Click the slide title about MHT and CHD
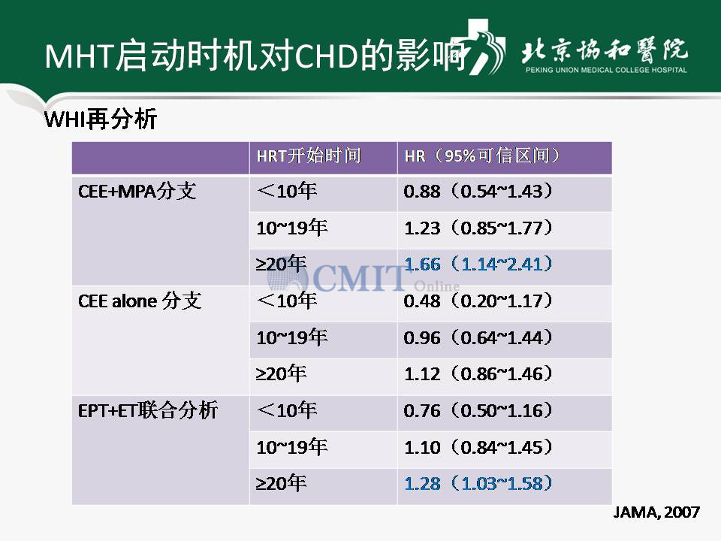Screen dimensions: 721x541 click(x=255, y=55)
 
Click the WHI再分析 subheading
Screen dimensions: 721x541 click(x=101, y=119)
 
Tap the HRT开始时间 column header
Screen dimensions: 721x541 click(x=309, y=156)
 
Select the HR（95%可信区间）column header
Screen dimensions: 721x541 click(x=482, y=156)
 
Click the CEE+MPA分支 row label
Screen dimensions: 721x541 click(x=137, y=191)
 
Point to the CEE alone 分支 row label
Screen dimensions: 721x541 click(x=140, y=301)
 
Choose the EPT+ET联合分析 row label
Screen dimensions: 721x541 click(x=148, y=410)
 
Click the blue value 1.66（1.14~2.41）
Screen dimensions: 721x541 click(x=478, y=264)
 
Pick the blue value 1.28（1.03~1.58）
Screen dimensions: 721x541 click(x=478, y=483)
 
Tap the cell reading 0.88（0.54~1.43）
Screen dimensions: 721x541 click(x=478, y=192)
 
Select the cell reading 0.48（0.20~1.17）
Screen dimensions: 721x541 click(x=478, y=301)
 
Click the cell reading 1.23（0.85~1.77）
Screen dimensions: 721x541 click(x=478, y=228)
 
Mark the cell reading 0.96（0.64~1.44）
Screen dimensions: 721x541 click(x=478, y=337)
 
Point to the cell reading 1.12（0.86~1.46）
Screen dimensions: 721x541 click(x=478, y=374)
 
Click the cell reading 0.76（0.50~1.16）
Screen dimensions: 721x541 click(x=478, y=410)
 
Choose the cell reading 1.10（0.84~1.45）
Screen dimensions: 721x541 click(x=478, y=447)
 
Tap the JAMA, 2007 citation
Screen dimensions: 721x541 click(x=656, y=512)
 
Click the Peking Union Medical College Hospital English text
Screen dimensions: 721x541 click(x=606, y=70)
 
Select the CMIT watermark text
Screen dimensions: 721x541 click(x=359, y=278)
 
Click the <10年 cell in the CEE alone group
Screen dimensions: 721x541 click(x=287, y=301)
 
